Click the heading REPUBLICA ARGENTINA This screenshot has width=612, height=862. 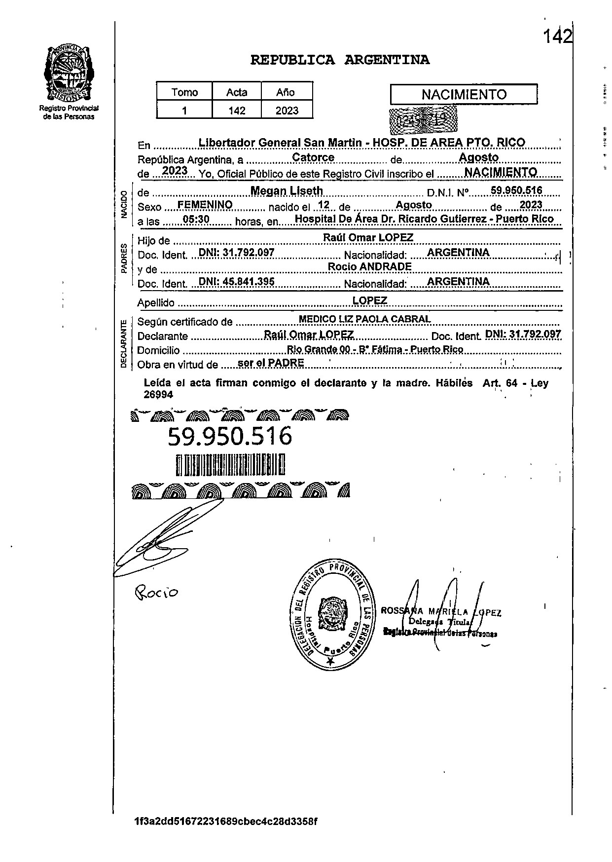click(x=340, y=60)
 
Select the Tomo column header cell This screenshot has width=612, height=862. click(x=184, y=92)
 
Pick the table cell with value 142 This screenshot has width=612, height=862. click(x=237, y=111)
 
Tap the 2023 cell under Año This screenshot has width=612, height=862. click(x=287, y=111)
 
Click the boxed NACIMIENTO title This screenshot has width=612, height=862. click(x=464, y=94)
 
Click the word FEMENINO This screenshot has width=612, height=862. click(x=205, y=204)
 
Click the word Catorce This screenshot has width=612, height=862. click(x=313, y=157)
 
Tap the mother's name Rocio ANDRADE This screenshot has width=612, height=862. click(x=369, y=266)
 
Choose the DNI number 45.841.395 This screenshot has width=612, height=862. click(x=236, y=281)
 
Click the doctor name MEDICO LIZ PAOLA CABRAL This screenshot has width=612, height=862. click(x=364, y=319)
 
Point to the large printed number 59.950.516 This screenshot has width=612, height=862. click(x=230, y=436)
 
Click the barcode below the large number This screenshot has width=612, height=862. click(x=230, y=465)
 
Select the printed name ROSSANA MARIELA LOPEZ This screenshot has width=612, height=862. click(x=441, y=612)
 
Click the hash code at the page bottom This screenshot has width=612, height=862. click(x=225, y=822)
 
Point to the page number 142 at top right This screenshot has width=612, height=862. click(x=557, y=36)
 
